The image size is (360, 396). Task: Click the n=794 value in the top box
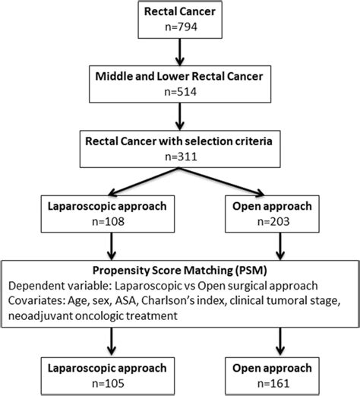(179, 30)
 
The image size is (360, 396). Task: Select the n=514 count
(179, 94)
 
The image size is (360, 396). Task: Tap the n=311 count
(179, 158)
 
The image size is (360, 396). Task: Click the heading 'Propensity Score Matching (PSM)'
(179, 271)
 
